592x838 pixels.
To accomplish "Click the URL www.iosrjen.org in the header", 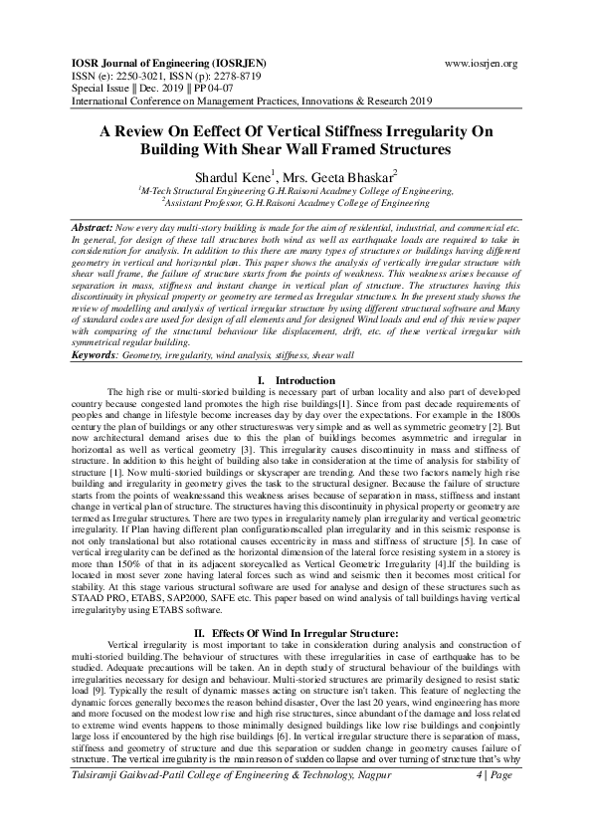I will click(x=483, y=64).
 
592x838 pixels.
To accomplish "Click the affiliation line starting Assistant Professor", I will click(x=296, y=200).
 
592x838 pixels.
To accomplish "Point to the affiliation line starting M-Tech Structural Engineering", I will click(x=296, y=188).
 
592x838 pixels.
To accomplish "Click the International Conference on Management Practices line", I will click(x=229, y=100).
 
